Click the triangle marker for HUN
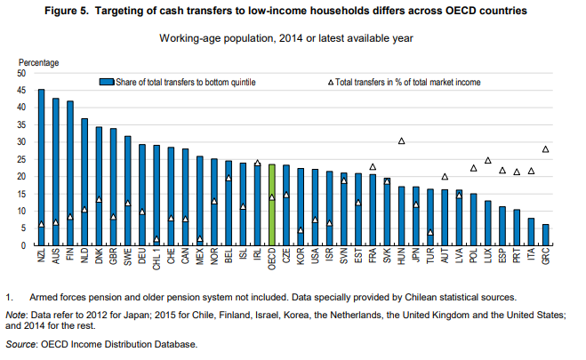coord(401,141)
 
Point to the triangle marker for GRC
coord(545,149)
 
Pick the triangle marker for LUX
coord(487,161)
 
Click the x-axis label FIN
coord(70,259)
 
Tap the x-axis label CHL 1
coord(157,262)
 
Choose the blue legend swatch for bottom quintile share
coord(105,82)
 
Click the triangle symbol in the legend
coord(331,82)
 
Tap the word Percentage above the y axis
coord(39,63)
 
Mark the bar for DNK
coord(99,186)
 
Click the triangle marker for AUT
coord(445,177)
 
